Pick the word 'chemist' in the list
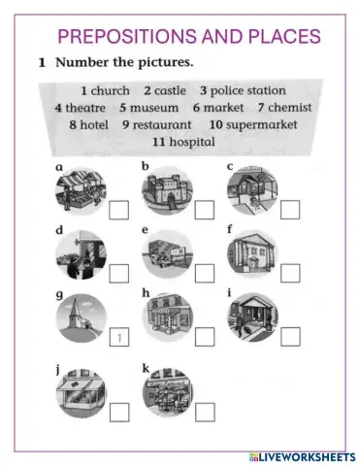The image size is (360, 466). [x=289, y=107]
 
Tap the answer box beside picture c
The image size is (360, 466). [x=289, y=210]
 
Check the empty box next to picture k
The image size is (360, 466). [x=204, y=412]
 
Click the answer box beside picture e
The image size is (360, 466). [x=204, y=273]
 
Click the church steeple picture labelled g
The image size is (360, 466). [x=80, y=320]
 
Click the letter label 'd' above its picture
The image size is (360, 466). [x=60, y=230]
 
